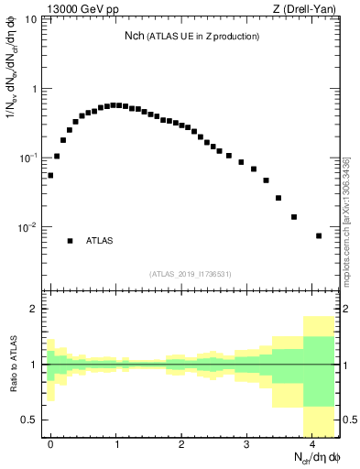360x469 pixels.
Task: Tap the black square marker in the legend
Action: tap(70, 241)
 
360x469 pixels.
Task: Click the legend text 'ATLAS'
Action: tap(100, 241)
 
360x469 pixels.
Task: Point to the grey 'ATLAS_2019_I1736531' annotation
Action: tap(191, 274)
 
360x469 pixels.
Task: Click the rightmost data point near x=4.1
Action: tap(319, 235)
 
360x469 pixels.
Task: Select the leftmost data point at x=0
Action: tap(50, 175)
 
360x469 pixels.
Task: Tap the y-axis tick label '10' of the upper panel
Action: tap(31, 19)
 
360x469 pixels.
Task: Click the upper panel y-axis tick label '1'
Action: tap(35, 89)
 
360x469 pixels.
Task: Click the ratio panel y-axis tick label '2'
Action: tap(35, 309)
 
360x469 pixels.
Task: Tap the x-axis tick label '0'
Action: tap(51, 443)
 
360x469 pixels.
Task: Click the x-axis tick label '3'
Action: tap(247, 443)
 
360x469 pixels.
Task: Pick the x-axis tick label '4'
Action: tap(312, 443)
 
